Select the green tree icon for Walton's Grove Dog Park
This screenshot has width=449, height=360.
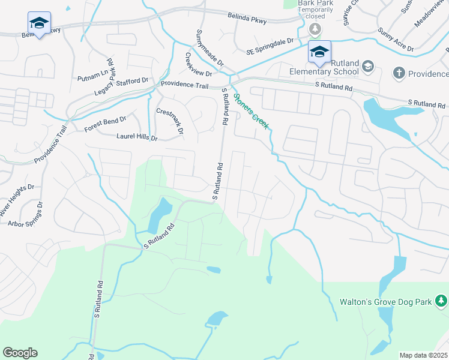441,300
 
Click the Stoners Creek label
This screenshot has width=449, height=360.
252,112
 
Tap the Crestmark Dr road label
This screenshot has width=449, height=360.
170,120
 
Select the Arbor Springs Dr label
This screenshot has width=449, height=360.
25,214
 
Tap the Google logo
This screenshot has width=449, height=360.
20,353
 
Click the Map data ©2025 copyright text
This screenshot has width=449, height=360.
423,355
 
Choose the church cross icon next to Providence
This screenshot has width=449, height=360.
397,73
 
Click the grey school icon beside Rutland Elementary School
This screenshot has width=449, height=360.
367,66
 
